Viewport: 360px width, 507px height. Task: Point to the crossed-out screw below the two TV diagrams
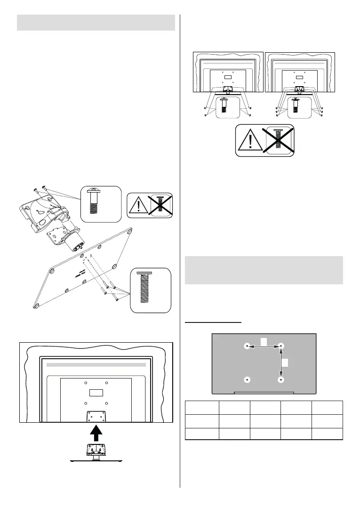pos(279,140)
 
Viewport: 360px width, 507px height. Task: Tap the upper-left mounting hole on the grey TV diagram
pos(248,346)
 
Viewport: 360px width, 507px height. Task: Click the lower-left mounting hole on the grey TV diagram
pos(248,379)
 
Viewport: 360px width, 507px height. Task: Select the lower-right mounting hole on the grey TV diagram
pos(281,379)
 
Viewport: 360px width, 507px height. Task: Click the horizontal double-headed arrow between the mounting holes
pos(264,346)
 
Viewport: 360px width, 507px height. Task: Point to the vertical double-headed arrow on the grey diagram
pos(281,362)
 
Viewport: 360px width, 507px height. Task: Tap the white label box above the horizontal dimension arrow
pos(264,340)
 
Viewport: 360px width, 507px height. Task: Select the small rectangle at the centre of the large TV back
pos(96,392)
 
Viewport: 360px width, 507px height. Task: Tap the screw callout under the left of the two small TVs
pos(223,106)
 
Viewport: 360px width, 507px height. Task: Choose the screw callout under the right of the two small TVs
pos(295,106)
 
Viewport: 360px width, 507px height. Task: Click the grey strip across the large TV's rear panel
pos(96,364)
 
